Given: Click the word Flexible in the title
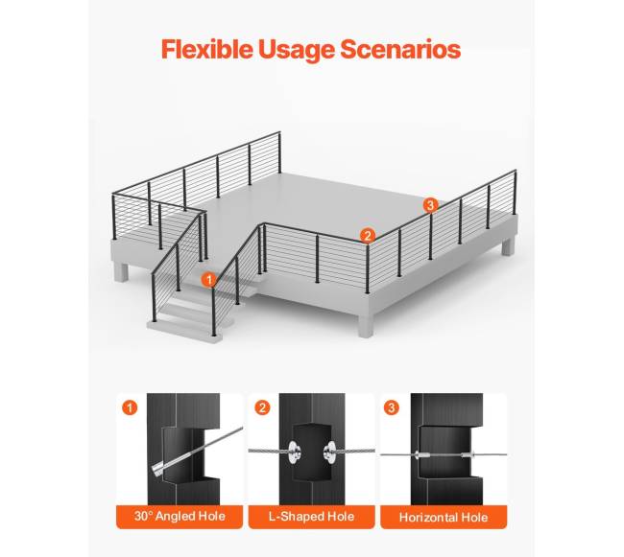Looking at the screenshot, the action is click(x=207, y=49).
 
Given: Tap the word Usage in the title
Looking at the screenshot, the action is click(x=297, y=50).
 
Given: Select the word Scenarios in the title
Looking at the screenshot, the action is click(x=400, y=49).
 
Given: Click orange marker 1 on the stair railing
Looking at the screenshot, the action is click(x=209, y=280).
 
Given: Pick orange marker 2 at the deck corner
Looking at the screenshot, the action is click(x=368, y=236).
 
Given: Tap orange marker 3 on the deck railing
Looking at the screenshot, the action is click(x=430, y=205).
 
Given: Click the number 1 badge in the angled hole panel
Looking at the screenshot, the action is click(x=130, y=407).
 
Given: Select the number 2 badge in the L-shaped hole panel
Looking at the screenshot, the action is click(x=262, y=407).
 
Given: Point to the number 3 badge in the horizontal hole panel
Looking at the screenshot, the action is click(x=392, y=407).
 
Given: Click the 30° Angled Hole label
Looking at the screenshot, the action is click(x=180, y=517).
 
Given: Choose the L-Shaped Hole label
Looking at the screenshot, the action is click(x=312, y=517).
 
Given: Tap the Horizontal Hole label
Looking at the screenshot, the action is click(x=444, y=518).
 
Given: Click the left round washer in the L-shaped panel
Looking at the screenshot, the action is click(x=295, y=452).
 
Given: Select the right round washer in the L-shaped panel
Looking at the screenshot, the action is click(x=329, y=452).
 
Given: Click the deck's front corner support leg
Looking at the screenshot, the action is click(x=366, y=325).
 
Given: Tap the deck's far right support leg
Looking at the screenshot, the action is click(x=508, y=245).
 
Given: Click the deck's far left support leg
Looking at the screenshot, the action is click(x=121, y=272).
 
